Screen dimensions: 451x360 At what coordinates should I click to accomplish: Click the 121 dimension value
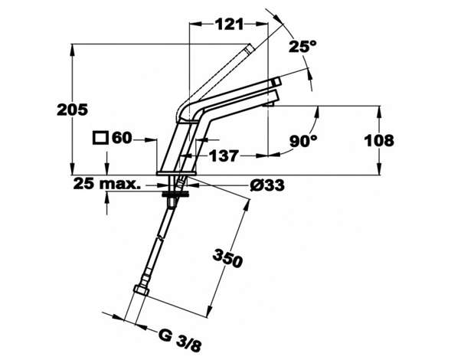pyautogui.click(x=230, y=25)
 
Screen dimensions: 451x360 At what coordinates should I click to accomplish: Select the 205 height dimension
pyautogui.click(x=72, y=110)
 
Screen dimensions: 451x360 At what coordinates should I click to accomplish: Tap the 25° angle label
pyautogui.click(x=302, y=46)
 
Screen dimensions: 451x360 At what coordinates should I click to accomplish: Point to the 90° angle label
pyautogui.click(x=303, y=141)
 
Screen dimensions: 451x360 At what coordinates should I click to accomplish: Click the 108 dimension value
pyautogui.click(x=379, y=141)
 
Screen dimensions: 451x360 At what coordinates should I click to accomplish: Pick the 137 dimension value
pyautogui.click(x=224, y=156)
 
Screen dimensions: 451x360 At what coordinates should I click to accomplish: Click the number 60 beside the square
pyautogui.click(x=122, y=138)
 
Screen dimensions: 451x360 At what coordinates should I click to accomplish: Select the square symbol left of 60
pyautogui.click(x=100, y=138)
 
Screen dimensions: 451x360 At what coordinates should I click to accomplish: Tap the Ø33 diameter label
pyautogui.click(x=267, y=185)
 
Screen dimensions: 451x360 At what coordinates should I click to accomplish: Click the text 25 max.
pyautogui.click(x=107, y=184)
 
